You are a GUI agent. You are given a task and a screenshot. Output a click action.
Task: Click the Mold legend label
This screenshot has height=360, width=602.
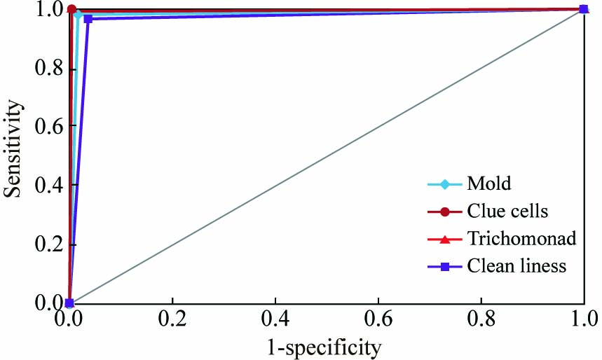[488, 185]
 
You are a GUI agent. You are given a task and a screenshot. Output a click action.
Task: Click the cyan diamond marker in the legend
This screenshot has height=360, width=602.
[444, 185]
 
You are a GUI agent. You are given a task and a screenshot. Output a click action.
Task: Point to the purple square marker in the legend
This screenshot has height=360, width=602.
[444, 266]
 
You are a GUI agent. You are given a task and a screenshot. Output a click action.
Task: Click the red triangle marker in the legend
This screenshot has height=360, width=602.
[444, 239]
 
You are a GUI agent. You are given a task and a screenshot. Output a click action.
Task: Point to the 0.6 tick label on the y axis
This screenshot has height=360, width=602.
[43, 127]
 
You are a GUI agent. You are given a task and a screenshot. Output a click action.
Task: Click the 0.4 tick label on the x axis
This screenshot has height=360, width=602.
[275, 321]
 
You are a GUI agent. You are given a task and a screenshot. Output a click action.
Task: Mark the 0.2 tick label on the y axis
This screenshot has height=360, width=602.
[43, 245]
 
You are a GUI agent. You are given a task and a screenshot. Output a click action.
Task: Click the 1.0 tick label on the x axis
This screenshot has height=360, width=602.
[583, 321]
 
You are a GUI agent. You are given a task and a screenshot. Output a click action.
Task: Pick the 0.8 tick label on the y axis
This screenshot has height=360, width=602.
[43, 69]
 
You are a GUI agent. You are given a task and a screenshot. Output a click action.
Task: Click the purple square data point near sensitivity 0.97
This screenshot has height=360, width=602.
[88, 18]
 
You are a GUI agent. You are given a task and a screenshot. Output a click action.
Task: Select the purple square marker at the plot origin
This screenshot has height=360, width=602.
[69, 303]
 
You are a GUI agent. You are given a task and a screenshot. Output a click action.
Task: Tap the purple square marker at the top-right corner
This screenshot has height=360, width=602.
[584, 9]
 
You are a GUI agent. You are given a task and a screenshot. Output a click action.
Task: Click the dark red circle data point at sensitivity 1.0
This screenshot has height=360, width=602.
[72, 9]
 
